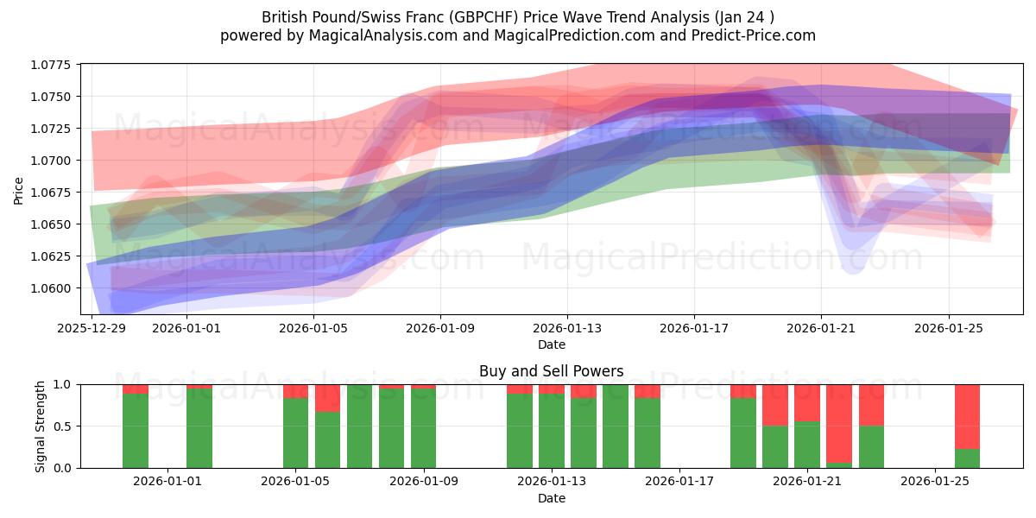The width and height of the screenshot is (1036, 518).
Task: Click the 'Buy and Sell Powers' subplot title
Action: [x=552, y=371]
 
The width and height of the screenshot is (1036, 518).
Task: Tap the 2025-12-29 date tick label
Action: [x=91, y=328]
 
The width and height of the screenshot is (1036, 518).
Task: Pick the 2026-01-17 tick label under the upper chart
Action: [x=693, y=328]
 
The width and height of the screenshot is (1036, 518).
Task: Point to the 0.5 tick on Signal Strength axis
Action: [x=65, y=426]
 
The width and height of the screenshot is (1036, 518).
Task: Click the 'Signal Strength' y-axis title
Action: [x=40, y=426]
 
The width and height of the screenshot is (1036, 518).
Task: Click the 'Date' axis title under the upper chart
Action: [x=552, y=344]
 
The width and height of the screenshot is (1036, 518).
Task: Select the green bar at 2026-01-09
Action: [x=423, y=428]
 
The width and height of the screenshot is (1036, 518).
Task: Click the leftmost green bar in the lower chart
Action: [x=136, y=431]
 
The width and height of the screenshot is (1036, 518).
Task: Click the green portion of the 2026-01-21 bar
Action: [x=806, y=445]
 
